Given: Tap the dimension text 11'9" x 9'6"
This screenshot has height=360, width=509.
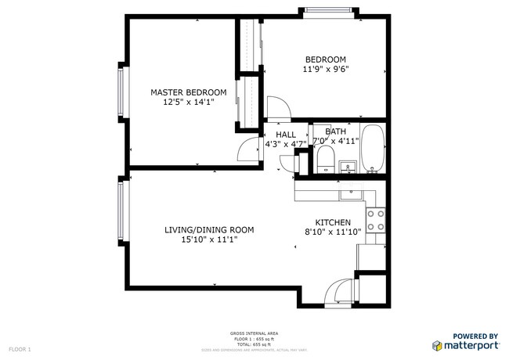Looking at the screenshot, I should pos(326,69).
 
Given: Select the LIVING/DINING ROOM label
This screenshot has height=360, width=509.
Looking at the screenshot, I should pos(209,229).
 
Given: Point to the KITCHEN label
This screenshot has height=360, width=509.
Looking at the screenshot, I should pos(333,222).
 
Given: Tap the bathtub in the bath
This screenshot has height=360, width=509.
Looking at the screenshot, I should pos(373,149).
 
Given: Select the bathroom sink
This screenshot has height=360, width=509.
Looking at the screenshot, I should pos(349,167).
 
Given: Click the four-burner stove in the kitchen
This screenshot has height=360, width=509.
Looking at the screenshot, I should pos(376,220).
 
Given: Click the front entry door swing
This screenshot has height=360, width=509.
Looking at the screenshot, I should pos(338,293).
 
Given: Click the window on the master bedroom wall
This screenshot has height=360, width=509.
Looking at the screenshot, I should pos(121,90).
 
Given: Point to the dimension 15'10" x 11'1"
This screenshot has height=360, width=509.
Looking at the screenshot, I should pos(209,239).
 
